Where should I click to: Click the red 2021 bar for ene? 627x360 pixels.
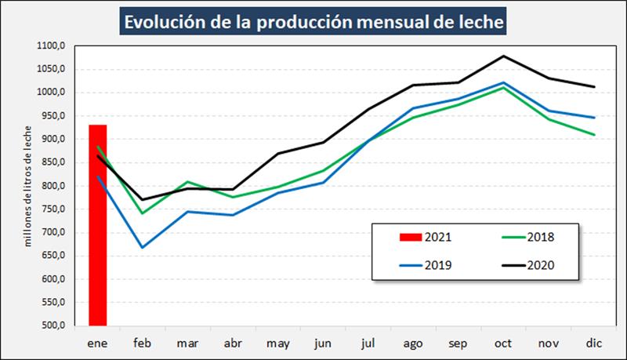(x=97, y=227)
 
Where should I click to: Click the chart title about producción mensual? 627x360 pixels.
(x=313, y=21)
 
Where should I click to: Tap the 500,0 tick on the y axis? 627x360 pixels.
(x=53, y=325)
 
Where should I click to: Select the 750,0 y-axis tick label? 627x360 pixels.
(x=53, y=209)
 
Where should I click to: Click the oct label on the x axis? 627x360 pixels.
(x=502, y=343)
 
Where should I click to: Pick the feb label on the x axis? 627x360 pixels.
(x=143, y=343)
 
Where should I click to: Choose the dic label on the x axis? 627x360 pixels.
(x=593, y=343)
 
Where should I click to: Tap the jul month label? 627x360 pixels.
(x=368, y=343)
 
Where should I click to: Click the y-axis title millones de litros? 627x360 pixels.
(x=29, y=187)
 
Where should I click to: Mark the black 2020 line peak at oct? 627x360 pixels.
(x=502, y=56)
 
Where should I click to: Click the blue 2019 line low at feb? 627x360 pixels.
(x=143, y=248)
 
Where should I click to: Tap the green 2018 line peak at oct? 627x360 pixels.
(x=502, y=88)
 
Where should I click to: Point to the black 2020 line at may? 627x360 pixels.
(x=277, y=154)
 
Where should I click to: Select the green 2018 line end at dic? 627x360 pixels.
(x=594, y=135)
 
